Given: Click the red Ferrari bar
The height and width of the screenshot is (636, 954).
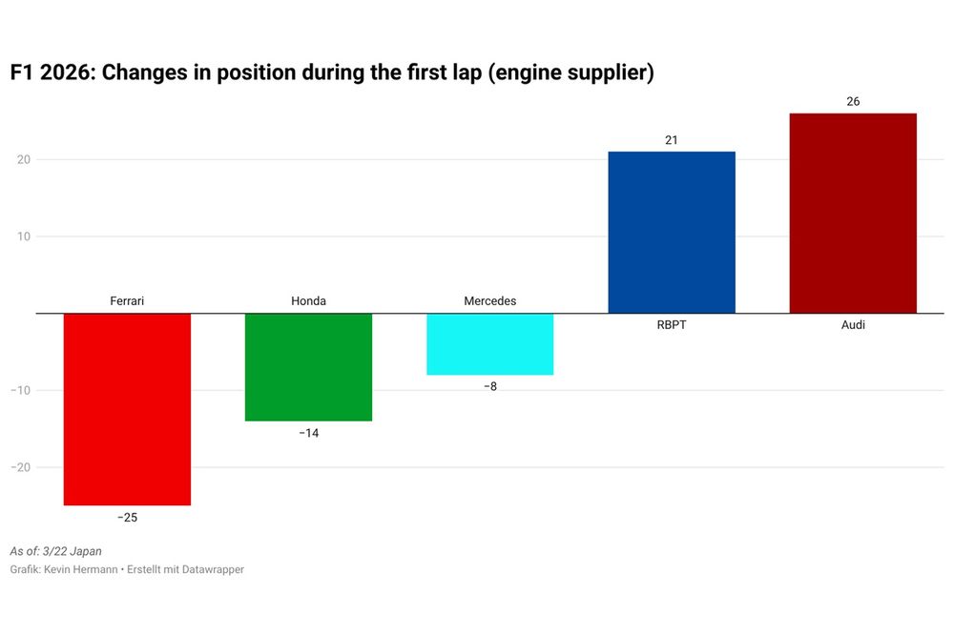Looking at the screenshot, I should coord(127,409).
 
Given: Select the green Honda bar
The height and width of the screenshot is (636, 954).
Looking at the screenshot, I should coord(308,367).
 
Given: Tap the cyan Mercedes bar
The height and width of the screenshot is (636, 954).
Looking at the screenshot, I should coord(489,344).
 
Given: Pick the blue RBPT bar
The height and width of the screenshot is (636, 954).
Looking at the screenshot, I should coord(672,232).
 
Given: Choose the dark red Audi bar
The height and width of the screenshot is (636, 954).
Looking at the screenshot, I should coord(853,213).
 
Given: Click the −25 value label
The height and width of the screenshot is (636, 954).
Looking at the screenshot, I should coord(127,518).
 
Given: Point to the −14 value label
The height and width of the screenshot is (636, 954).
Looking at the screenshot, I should coord(308,433).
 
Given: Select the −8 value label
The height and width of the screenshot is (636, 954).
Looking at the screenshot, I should coord(489,387).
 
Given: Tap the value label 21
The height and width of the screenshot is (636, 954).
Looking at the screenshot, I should coord(672,140).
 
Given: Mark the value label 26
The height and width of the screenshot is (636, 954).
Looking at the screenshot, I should coord(853,102).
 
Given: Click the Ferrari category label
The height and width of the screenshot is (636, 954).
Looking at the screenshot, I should coord(127,301).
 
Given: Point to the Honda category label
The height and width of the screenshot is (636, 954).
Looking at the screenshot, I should coord(308,301).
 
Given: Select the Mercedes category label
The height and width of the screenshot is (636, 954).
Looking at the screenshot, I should coord(489,301).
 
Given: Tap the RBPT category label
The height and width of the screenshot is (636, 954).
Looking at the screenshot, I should coord(672,325).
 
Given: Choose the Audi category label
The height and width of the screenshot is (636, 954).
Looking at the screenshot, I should coord(853,325).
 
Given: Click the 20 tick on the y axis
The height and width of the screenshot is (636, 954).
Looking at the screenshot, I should coord(23,159).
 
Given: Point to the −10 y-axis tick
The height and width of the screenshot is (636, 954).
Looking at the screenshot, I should coord(20,391).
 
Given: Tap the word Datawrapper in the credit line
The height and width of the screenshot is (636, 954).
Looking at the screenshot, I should coord(213,569).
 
